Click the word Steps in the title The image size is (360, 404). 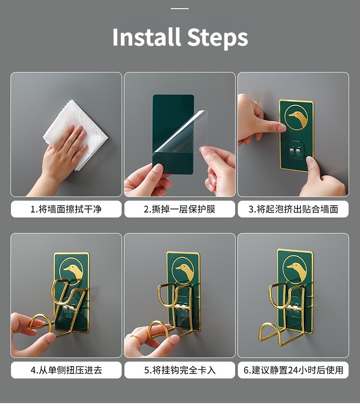pyautogui.click(x=217, y=37)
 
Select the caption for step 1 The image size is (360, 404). pyautogui.click(x=66, y=209)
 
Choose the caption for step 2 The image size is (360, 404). pyautogui.click(x=180, y=209)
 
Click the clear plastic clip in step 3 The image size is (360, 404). pyautogui.click(x=296, y=150)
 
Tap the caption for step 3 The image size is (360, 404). pyautogui.click(x=293, y=209)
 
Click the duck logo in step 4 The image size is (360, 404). pyautogui.click(x=72, y=272)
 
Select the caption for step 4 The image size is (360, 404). pyautogui.click(x=66, y=370)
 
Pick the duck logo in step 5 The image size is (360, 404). pyautogui.click(x=183, y=271)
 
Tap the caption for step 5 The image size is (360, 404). pyautogui.click(x=180, y=370)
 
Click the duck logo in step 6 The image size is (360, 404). pyautogui.click(x=295, y=269)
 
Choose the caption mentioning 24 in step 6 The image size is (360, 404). pyautogui.click(x=293, y=370)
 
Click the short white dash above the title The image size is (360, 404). pyautogui.click(x=180, y=9)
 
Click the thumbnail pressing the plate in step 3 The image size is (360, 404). pyautogui.click(x=310, y=160)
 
